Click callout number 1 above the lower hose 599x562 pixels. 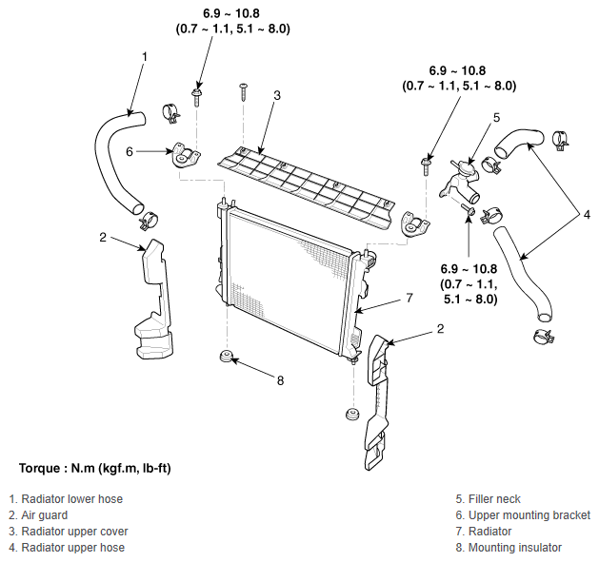[x=145, y=57]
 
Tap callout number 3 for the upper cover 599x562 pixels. [x=277, y=95]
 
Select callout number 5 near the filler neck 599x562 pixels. [x=496, y=118]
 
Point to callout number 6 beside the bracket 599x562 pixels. [x=130, y=152]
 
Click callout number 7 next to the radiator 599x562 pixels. [x=409, y=298]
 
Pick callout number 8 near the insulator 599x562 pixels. [x=280, y=380]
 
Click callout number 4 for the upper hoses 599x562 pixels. [x=587, y=215]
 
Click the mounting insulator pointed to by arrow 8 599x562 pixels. [x=226, y=357]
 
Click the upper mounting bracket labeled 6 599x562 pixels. [x=185, y=155]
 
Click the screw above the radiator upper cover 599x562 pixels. [x=243, y=92]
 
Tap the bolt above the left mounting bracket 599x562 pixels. [x=197, y=97]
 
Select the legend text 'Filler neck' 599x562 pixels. [x=494, y=499]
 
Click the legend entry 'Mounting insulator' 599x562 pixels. [x=515, y=548]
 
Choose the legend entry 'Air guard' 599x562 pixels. [x=45, y=515]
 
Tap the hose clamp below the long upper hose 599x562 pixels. [x=545, y=336]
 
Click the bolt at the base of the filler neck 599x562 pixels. [x=469, y=209]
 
